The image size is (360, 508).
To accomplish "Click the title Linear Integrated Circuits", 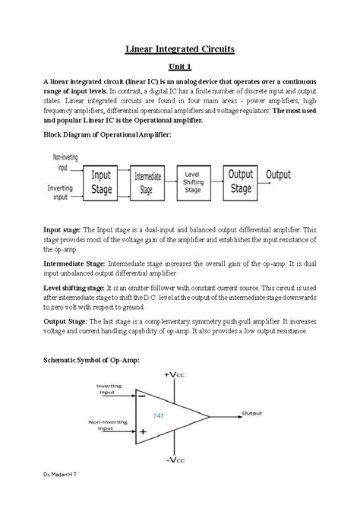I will tap(180, 49).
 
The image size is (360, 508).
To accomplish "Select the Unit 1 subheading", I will tap(180, 67).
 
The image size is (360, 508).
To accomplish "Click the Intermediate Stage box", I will tap(148, 182).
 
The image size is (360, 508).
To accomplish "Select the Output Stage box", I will tap(241, 182).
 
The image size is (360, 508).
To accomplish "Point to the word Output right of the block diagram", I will tap(278, 175).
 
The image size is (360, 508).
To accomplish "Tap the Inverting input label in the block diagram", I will tap(61, 192).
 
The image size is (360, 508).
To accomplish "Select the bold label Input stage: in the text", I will tap(62, 229).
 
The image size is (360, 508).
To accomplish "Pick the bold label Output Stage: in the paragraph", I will tap(66, 321).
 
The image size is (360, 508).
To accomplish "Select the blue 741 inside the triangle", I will tap(159, 415).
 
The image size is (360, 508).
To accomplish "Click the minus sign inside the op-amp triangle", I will tap(142, 399).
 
